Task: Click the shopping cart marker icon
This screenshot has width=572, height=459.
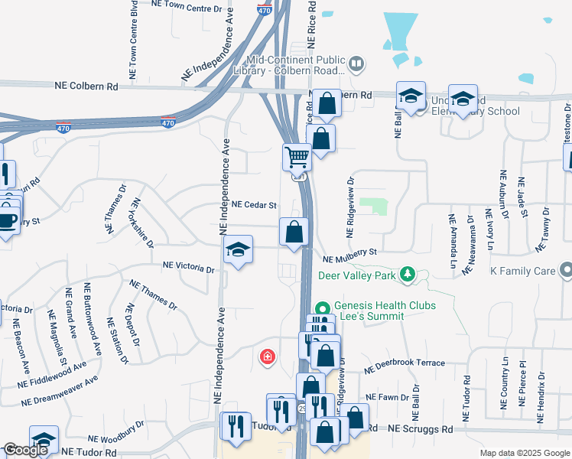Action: (x=297, y=158)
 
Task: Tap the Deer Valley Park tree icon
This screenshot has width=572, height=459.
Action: (x=409, y=274)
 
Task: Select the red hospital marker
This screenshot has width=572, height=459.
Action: (x=268, y=356)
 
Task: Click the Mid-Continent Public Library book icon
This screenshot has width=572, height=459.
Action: (x=356, y=62)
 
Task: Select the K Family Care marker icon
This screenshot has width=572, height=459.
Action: (x=566, y=270)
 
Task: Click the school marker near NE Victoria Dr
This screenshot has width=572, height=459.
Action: (x=238, y=250)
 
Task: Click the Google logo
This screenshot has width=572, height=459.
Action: (x=25, y=450)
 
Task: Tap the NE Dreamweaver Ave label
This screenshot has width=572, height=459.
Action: (x=60, y=389)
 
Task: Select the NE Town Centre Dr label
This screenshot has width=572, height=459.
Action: (x=191, y=5)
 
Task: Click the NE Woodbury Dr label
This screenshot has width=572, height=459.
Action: (x=115, y=434)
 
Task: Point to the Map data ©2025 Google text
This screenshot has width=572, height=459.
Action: (x=524, y=453)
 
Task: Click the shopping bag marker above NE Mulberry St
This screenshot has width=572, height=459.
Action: (x=294, y=230)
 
